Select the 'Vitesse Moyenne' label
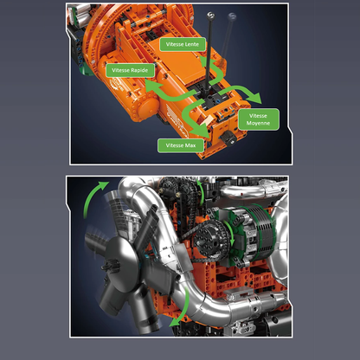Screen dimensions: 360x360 click(258, 119)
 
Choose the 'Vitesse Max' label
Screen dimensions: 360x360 click(181, 145)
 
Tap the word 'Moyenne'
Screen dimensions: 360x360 click(258, 124)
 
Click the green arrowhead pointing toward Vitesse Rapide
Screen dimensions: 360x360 click(147, 87)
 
